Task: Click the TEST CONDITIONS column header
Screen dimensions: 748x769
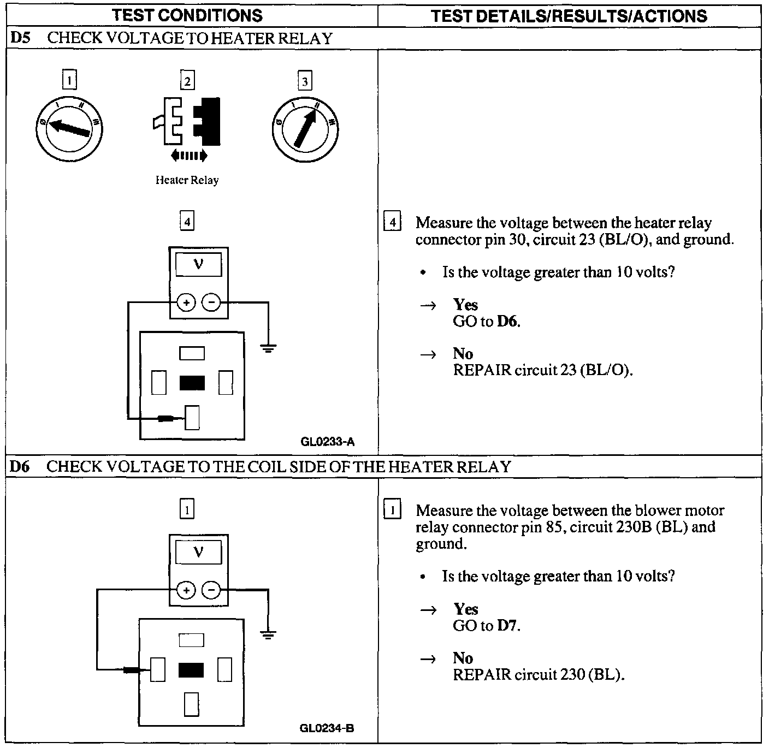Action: (187, 16)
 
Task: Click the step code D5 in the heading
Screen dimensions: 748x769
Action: (21, 38)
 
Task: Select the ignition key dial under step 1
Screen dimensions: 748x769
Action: (69, 129)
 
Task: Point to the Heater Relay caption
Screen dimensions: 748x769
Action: (187, 180)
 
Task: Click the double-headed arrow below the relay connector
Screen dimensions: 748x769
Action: (188, 156)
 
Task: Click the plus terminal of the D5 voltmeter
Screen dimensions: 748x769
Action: (186, 302)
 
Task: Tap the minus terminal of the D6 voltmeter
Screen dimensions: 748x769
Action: (211, 590)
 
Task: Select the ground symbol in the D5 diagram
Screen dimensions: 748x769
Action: (268, 347)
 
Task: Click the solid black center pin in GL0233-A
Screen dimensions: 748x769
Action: (192, 383)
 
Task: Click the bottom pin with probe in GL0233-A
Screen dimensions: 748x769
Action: (192, 418)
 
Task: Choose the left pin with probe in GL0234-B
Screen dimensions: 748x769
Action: (158, 669)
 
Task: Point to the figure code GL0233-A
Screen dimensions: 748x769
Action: (327, 442)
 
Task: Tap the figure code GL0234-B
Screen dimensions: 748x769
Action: (327, 728)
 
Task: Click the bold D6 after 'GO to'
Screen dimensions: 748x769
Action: (507, 321)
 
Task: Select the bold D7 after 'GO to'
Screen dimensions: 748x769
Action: (507, 625)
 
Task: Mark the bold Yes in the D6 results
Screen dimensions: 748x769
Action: (465, 609)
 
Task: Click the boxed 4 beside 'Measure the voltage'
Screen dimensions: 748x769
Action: (393, 223)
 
